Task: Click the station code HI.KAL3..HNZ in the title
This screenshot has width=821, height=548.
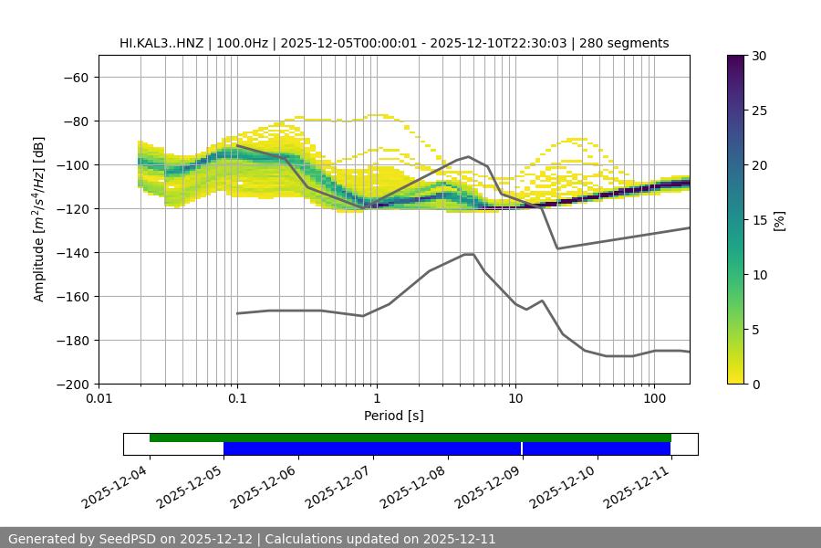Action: pyautogui.click(x=167, y=43)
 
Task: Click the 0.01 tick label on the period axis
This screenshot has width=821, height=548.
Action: pyautogui.click(x=99, y=398)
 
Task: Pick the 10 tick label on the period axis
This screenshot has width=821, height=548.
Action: pyautogui.click(x=515, y=398)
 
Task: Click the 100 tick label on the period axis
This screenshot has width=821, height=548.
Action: pyautogui.click(x=654, y=398)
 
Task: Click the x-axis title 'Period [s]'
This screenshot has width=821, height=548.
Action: pyautogui.click(x=394, y=416)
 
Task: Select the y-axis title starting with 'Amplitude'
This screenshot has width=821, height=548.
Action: pyautogui.click(x=39, y=219)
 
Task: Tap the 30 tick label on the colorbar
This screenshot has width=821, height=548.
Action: pyautogui.click(x=759, y=56)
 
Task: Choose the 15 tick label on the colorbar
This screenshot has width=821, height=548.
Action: pyautogui.click(x=759, y=220)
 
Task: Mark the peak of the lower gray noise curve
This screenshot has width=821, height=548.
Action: pyautogui.click(x=469, y=254)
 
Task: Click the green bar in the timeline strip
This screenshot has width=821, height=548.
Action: pyautogui.click(x=410, y=437)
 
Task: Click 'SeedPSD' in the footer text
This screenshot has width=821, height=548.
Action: pyautogui.click(x=126, y=539)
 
